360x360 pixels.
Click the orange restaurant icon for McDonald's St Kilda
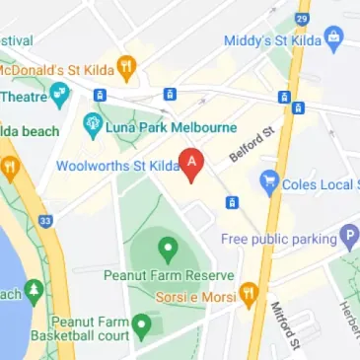126,67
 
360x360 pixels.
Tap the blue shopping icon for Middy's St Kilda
332,38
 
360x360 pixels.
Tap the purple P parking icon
347,237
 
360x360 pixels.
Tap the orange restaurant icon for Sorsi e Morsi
249,293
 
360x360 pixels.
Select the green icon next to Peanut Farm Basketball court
142,324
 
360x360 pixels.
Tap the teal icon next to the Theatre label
61,96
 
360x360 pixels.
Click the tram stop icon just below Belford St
232,202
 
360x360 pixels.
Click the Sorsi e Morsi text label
197,295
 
